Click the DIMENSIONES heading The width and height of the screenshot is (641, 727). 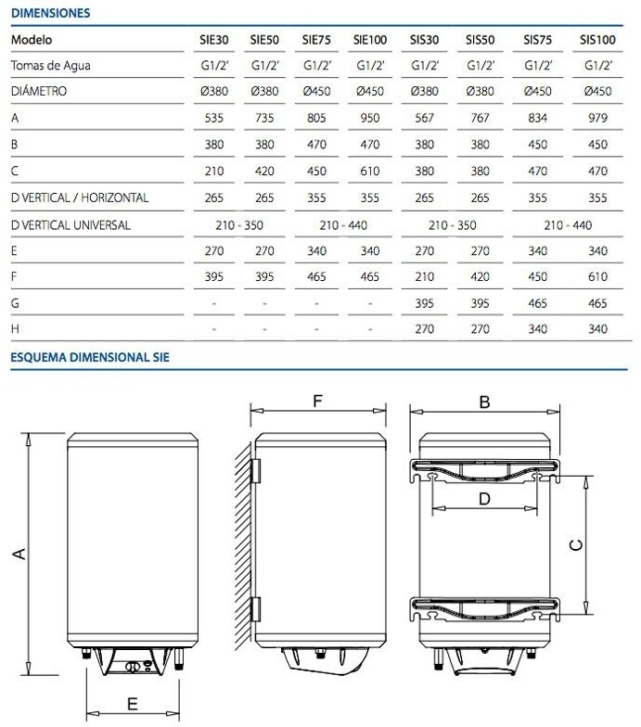pos(50,13)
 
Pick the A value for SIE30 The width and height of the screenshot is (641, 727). pos(213,119)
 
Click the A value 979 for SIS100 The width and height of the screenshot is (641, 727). pos(598,119)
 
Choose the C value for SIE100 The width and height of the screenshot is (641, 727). pos(369,172)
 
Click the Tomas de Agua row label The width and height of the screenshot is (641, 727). pos(51,66)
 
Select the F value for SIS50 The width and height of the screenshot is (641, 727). pos(479,276)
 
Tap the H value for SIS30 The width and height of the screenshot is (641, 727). pos(425,329)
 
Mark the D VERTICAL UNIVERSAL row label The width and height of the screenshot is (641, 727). pos(71,224)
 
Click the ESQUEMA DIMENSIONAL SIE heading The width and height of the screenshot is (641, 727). pos(89,357)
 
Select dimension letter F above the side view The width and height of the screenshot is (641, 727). pos(316,402)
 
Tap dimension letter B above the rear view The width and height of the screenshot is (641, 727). pos(483,402)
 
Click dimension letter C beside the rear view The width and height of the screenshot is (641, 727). pos(575,546)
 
